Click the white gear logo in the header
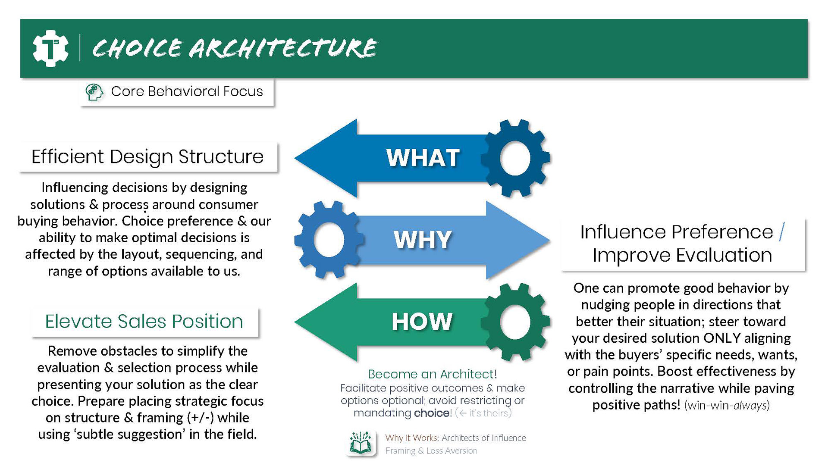(x=50, y=48)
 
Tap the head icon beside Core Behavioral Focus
(x=94, y=92)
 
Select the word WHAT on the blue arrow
(x=423, y=158)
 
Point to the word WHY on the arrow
(x=423, y=240)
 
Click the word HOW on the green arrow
(x=422, y=322)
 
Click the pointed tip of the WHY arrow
(x=549, y=240)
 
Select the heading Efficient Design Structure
(x=147, y=157)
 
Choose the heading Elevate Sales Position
(x=144, y=322)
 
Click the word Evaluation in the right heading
(x=724, y=255)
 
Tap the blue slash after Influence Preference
(x=782, y=232)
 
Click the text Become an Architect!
(x=432, y=374)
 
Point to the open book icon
(x=361, y=443)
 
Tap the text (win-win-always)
(x=727, y=406)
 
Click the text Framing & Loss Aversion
(x=431, y=451)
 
